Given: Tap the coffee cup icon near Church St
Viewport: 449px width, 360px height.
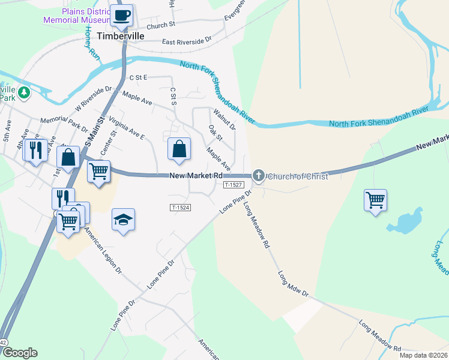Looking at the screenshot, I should (122, 15).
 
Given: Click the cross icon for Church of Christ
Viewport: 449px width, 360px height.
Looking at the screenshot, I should (259, 175).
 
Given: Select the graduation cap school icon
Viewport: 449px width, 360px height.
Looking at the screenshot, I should (123, 220).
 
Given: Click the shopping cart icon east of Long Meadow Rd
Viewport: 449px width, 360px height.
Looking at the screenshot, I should (375, 199).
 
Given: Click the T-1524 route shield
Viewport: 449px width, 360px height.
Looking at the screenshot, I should (180, 208).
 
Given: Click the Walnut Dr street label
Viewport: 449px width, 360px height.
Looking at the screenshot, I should (224, 119).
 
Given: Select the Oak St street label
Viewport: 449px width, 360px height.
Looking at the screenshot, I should (215, 133).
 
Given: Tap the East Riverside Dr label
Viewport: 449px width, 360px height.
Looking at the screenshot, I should (187, 41).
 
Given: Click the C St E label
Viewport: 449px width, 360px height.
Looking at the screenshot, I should (138, 78).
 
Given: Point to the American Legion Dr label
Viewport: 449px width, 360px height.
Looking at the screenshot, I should (102, 251).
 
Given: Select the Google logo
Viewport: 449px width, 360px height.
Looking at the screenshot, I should (19, 353).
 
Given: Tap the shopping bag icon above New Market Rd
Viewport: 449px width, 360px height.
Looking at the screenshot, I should (179, 150).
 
